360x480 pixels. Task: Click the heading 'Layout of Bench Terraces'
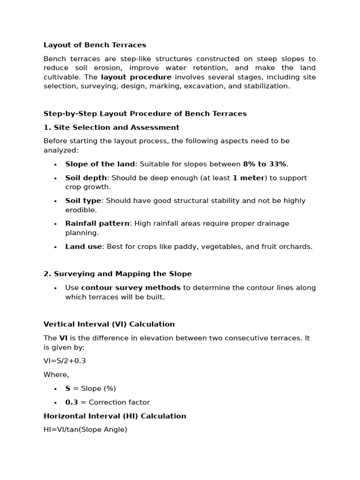[x=95, y=45]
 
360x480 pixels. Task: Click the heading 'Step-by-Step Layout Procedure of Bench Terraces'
[x=145, y=113]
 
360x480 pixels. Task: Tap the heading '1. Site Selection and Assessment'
[x=112, y=127]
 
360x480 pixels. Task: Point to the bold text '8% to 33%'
[x=264, y=164]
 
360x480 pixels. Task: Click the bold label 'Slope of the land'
[x=100, y=164]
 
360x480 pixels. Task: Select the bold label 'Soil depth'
[x=86, y=178]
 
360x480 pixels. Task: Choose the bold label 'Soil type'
[x=83, y=201]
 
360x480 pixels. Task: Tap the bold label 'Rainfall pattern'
[x=97, y=224]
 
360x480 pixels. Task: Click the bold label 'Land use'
[x=83, y=247]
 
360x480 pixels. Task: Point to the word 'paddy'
[x=169, y=247]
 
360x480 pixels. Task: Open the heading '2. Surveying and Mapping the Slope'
[x=118, y=274]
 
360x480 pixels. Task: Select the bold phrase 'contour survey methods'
[x=131, y=288]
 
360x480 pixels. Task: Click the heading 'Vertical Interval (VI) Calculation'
[x=109, y=324]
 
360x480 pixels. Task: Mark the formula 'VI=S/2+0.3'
[x=65, y=361]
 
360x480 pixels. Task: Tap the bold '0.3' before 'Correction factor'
[x=72, y=402]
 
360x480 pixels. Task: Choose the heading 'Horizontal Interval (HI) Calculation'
[x=115, y=416]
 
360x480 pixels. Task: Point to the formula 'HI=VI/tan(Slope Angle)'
[x=85, y=429]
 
